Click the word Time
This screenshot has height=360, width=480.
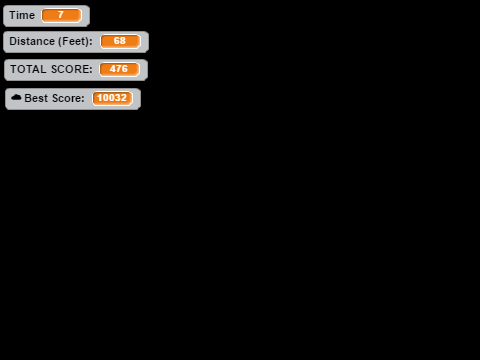coord(22,15)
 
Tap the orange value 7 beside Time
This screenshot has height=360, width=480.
coord(61,15)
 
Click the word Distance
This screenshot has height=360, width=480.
coord(32,41)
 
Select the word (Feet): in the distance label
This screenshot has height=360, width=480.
coord(75,41)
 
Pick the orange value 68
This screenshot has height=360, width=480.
coord(120,41)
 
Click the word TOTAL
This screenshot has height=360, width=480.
coord(28,69)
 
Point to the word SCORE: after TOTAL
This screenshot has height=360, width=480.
coord(72,69)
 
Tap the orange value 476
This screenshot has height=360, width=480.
coord(119,69)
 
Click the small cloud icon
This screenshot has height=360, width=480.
coord(16,97)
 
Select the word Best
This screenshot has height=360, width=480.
coord(36,98)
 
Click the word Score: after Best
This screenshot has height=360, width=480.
coord(68,98)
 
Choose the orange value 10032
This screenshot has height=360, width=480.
coord(112,98)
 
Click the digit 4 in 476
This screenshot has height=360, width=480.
coord(113,69)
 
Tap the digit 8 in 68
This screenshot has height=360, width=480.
coord(123,41)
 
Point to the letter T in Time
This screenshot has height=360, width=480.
coord(13,15)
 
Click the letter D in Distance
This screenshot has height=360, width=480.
coord(13,41)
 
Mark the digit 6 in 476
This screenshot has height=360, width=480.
coord(124,69)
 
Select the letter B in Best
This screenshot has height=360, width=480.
coord(28,98)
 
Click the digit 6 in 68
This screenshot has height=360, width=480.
coord(117,41)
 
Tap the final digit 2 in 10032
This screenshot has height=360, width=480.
coord(124,98)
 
